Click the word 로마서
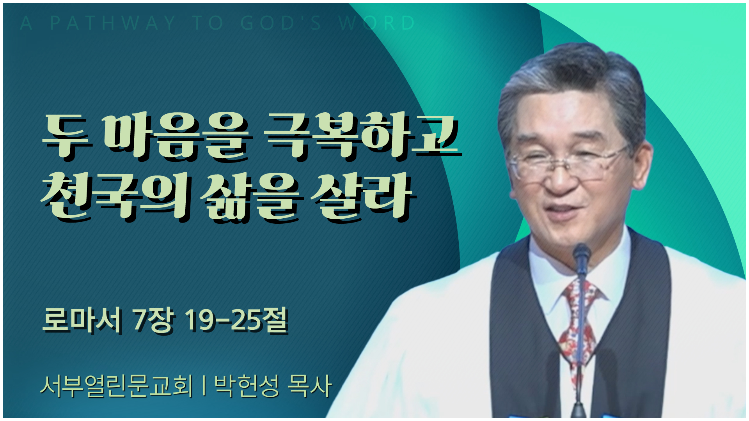pyautogui.click(x=82, y=320)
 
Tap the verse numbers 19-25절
pyautogui.click(x=236, y=320)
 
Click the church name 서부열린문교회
pyautogui.click(x=116, y=386)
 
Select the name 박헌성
pyautogui.click(x=247, y=386)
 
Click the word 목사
pyautogui.click(x=309, y=386)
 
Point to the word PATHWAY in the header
pyautogui.click(x=113, y=23)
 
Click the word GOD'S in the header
pyautogui.click(x=281, y=23)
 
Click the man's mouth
pyautogui.click(x=562, y=210)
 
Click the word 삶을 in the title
pyautogui.click(x=252, y=197)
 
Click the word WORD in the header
pyautogui.click(x=376, y=23)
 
